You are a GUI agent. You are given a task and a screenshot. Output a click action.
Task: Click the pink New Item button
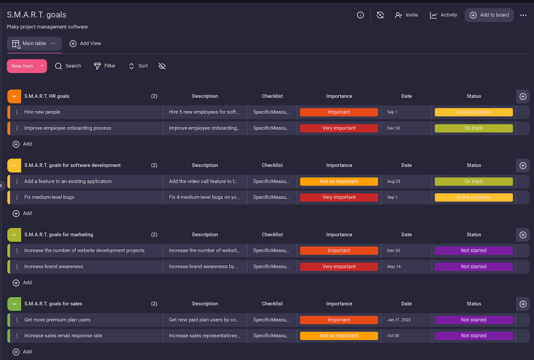(x=22, y=66)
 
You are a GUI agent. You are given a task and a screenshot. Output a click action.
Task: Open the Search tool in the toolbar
(x=68, y=66)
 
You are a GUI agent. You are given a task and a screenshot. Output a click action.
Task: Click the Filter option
(x=105, y=66)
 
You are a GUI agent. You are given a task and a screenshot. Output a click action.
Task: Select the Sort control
(x=138, y=66)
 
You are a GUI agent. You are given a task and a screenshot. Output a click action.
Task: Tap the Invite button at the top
(x=406, y=15)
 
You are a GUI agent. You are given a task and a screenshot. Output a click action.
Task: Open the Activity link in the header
(x=443, y=15)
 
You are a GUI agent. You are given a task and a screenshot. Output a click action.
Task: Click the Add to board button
(x=489, y=15)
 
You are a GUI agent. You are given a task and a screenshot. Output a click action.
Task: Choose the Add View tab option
(x=85, y=44)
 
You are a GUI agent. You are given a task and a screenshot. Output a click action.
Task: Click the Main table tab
(x=34, y=44)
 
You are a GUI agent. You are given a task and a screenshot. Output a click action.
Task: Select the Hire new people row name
(x=42, y=112)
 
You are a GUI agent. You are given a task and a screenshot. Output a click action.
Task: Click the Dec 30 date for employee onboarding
(x=393, y=128)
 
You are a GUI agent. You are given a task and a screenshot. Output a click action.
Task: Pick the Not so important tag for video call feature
(x=339, y=182)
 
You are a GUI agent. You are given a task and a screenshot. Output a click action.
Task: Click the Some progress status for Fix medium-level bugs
(x=473, y=197)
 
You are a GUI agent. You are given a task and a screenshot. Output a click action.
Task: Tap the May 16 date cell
(x=394, y=267)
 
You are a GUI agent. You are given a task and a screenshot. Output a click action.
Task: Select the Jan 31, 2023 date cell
(x=400, y=320)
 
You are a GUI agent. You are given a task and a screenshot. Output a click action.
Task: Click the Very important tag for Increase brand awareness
(x=339, y=267)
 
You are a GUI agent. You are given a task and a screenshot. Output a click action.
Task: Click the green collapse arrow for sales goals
(x=14, y=304)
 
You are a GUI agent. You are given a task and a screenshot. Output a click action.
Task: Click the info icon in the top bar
(x=360, y=15)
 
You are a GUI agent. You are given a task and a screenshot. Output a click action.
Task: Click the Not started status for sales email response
(x=473, y=336)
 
